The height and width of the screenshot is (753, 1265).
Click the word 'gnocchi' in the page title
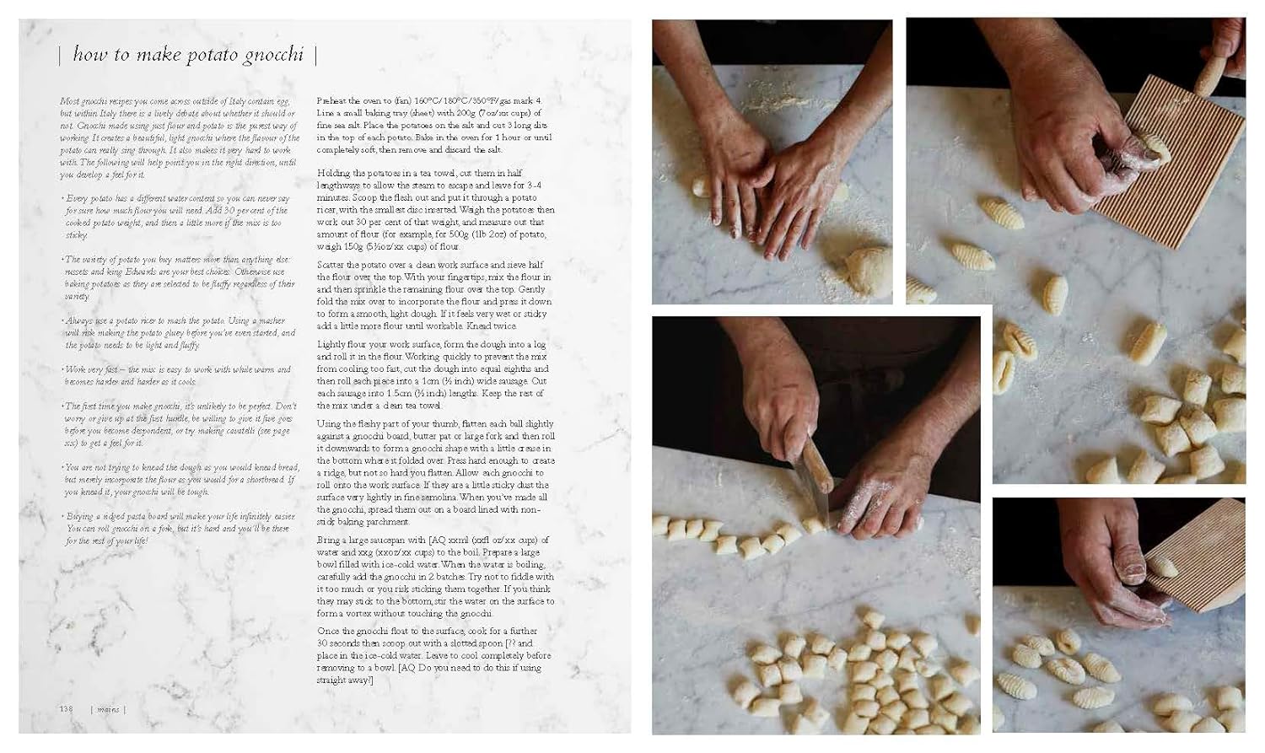272,56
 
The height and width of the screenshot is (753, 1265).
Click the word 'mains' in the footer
108,709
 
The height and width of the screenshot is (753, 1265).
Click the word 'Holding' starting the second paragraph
331,173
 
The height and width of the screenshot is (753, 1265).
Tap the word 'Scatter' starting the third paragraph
331,265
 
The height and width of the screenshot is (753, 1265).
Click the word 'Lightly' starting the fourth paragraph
331,344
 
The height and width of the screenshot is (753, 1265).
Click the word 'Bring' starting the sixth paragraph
328,540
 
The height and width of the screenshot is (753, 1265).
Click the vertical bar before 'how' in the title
59,56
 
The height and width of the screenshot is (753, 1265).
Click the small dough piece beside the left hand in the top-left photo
699,186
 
